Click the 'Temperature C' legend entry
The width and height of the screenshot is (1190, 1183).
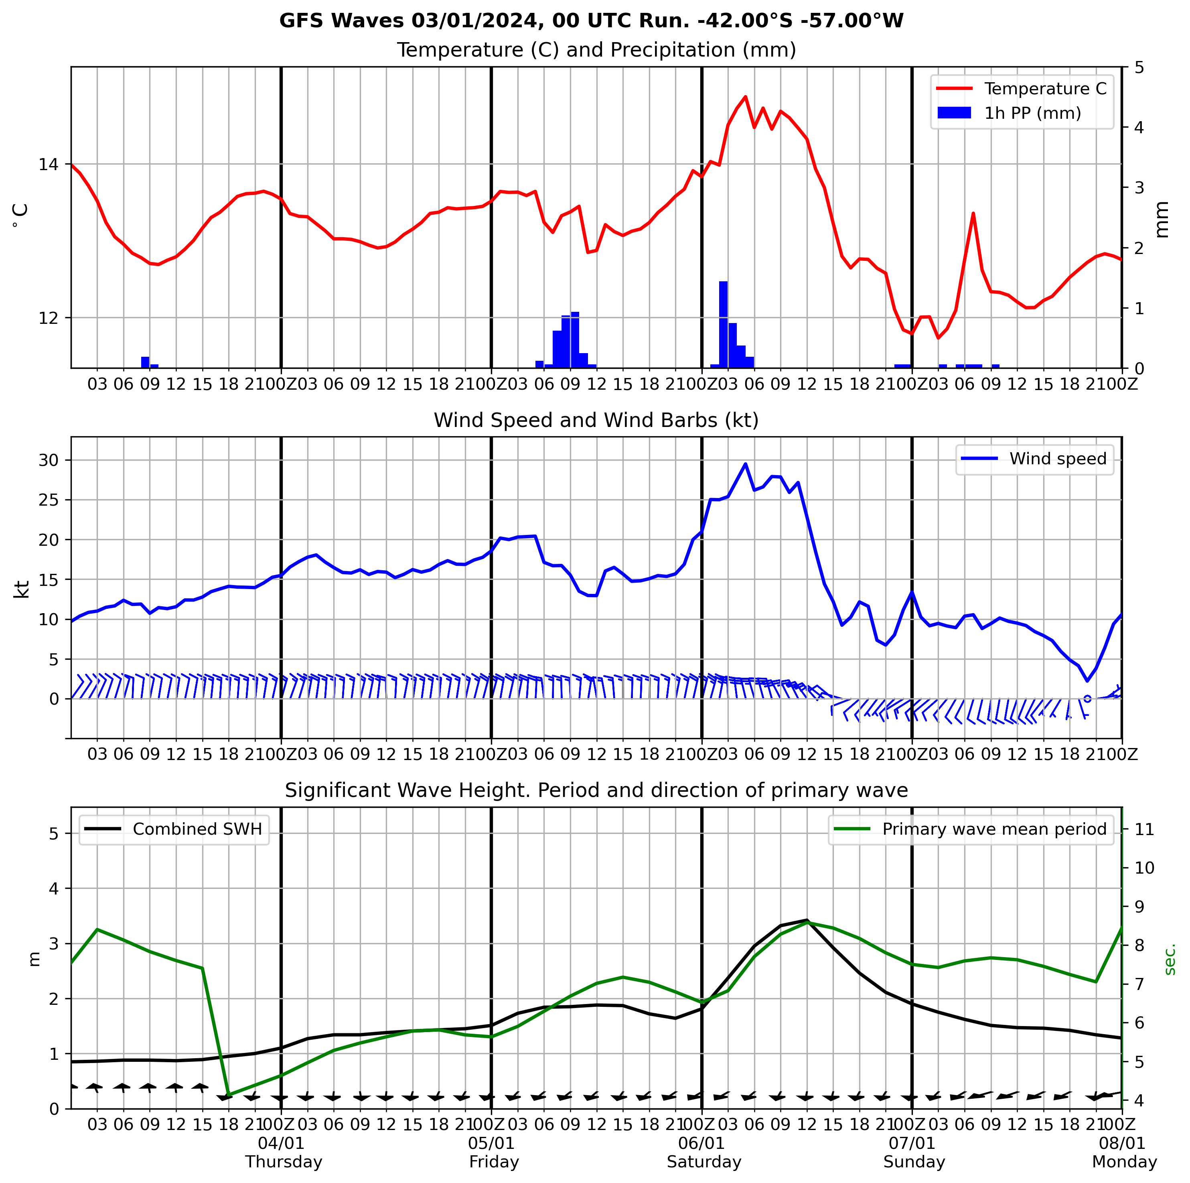coord(1045,89)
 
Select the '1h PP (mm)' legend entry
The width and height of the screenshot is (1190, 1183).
coord(1032,114)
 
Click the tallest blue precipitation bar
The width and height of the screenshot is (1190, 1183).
coord(723,324)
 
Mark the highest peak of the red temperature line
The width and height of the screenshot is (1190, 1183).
coord(745,97)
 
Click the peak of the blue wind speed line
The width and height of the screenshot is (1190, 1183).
coord(745,463)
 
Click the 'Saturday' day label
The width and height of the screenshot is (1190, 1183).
coord(704,1162)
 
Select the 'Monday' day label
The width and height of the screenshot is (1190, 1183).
coord(1125,1162)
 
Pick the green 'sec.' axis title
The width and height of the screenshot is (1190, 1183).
coord(1170,959)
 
